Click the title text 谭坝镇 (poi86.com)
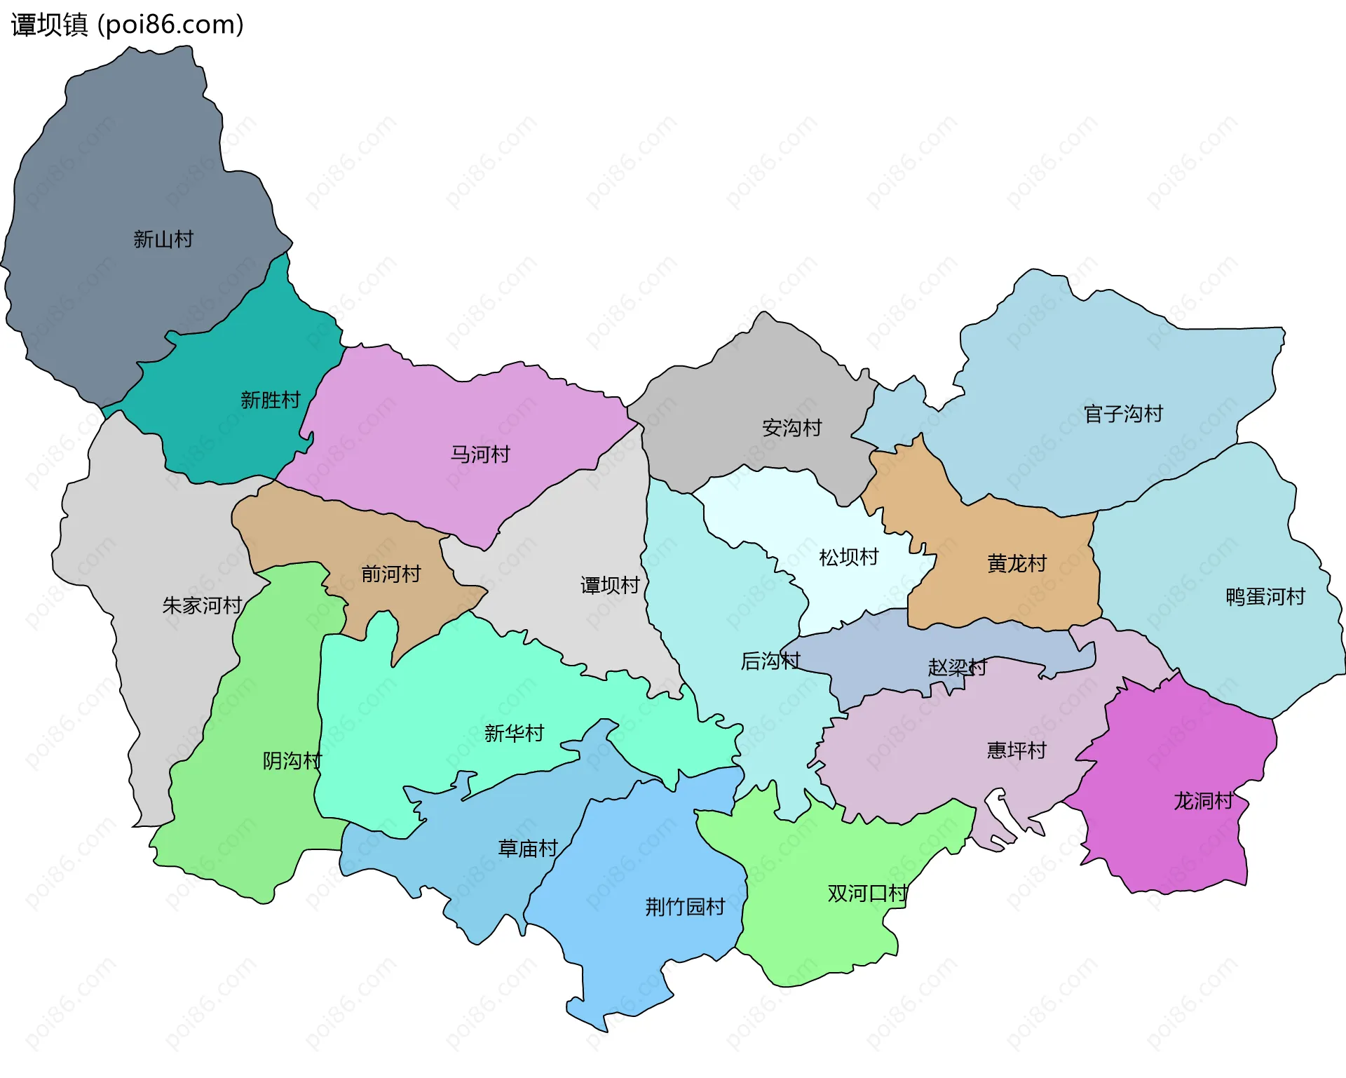128,25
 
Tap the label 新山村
163,239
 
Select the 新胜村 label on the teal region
271,400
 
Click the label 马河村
480,454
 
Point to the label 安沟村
792,428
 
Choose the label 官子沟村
1123,414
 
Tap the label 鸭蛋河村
1265,597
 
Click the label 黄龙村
1017,563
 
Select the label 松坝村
849,558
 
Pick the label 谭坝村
610,585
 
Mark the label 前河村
391,574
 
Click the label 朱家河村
202,605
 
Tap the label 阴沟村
292,760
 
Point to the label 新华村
514,733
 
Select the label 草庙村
528,849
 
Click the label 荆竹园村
685,907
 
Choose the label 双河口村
867,894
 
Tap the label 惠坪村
1017,750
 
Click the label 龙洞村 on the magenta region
1203,801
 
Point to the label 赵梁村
957,666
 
